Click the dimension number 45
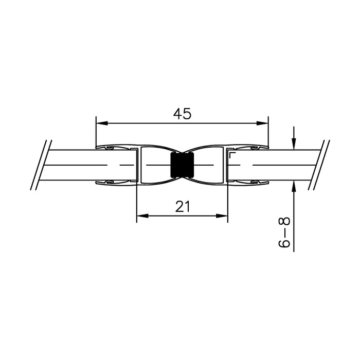[182, 114]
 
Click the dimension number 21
[183, 206]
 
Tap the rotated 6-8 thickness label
[284, 232]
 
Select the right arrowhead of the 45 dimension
[262, 123]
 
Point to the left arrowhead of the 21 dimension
[142, 216]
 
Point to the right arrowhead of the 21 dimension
[222, 216]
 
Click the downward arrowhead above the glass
[294, 144]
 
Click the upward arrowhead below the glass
[294, 186]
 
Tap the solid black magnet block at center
[182, 165]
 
